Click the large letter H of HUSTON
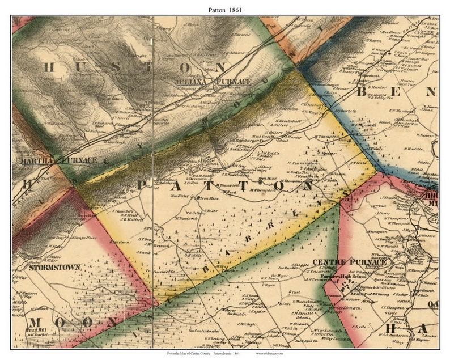(x=50, y=67)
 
